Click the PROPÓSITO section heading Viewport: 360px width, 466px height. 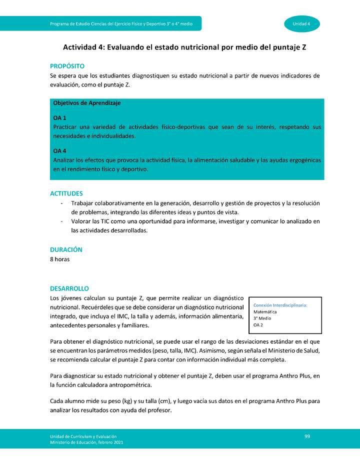click(67, 66)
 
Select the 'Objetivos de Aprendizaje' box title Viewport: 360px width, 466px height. click(86, 103)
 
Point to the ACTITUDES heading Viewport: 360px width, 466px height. click(66, 193)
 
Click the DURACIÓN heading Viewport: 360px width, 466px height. click(66, 249)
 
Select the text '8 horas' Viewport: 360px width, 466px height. click(60, 259)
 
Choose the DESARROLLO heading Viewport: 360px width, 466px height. click(69, 288)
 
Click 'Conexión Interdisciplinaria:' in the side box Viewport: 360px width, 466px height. click(280, 305)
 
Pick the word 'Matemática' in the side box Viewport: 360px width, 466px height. click(265, 312)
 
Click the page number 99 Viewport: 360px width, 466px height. click(307, 436)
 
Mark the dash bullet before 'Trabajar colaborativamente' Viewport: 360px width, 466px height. click(61, 203)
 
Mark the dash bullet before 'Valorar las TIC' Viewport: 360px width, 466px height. click(61, 221)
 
